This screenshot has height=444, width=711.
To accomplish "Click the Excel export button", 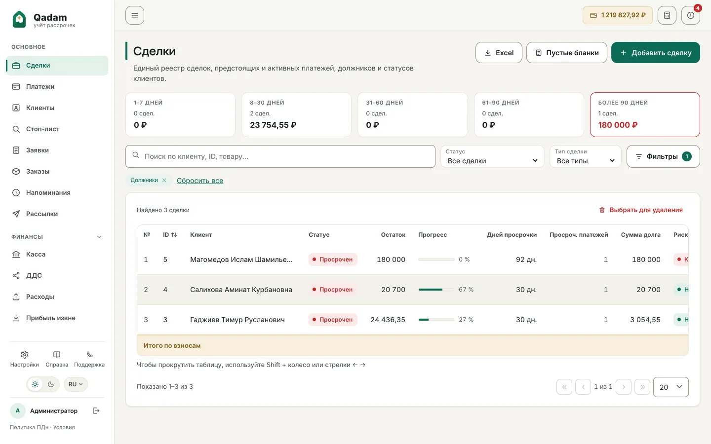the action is pyautogui.click(x=499, y=53).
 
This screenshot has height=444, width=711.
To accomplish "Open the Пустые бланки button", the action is pyautogui.click(x=567, y=53).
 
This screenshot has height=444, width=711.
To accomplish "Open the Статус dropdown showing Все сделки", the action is pyautogui.click(x=492, y=156).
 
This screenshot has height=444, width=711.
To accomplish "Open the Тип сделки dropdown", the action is pyautogui.click(x=585, y=156).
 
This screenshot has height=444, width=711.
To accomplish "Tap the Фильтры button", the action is pyautogui.click(x=663, y=156).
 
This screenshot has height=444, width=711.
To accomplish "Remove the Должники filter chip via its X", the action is pyautogui.click(x=164, y=181).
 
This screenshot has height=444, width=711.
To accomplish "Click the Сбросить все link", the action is pyautogui.click(x=200, y=181).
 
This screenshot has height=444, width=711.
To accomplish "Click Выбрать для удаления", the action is pyautogui.click(x=641, y=210).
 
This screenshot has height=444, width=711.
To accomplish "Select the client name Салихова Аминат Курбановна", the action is pyautogui.click(x=241, y=290).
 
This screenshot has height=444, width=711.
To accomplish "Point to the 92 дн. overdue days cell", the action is pyautogui.click(x=526, y=259).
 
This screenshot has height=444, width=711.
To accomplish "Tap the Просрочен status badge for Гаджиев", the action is pyautogui.click(x=333, y=320).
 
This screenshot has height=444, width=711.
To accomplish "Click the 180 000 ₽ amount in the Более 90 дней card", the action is pyautogui.click(x=618, y=125).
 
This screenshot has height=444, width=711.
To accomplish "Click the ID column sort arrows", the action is pyautogui.click(x=174, y=235).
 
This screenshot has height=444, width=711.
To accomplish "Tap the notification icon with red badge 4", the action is pyautogui.click(x=691, y=15).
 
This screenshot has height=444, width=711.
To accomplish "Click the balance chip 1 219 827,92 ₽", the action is pyautogui.click(x=617, y=15).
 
